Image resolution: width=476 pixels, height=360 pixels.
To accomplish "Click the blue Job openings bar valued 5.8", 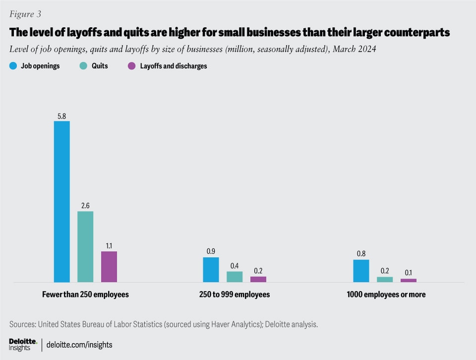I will coord(62,201).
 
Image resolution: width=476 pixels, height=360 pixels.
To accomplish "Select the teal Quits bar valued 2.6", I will coord(85,246).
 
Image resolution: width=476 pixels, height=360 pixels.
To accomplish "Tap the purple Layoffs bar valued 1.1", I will coord(109,267).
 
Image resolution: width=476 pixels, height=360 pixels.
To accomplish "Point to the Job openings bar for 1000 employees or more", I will coord(361,271).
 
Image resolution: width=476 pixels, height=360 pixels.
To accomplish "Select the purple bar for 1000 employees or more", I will coord(409,280).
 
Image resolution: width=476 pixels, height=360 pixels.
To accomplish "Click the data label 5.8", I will coord(62,116).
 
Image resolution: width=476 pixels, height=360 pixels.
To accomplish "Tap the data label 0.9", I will coord(211,252).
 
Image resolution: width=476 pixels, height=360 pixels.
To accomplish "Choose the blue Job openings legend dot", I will coord(13,66).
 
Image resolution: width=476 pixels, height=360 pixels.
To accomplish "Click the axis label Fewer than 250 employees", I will coord(86,295).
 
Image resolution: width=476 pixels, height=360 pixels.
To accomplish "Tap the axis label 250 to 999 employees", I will coord(234,295).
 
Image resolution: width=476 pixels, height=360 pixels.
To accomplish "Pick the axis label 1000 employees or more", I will coord(386,295).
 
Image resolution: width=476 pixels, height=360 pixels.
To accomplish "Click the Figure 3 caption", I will coord(25,14).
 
